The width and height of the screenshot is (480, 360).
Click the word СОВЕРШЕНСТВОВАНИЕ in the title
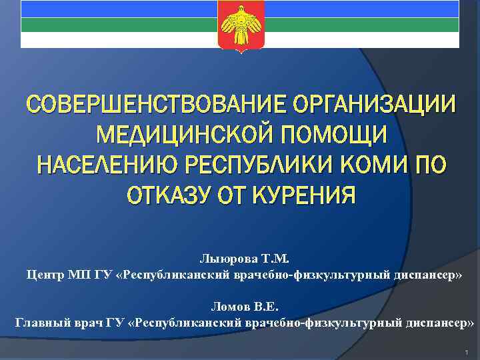(x=131, y=106)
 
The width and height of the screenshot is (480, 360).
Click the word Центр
(x=42, y=274)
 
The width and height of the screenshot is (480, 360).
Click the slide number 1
(x=468, y=351)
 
